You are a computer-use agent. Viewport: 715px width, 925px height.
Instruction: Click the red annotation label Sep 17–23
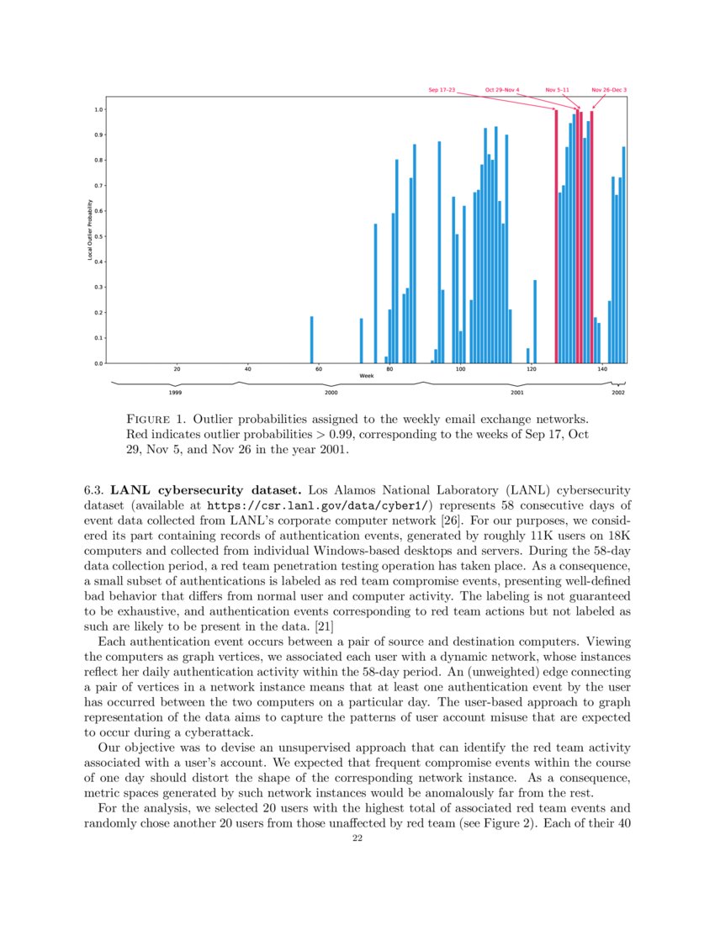(x=441, y=89)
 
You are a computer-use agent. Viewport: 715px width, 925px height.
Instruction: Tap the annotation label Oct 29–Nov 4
(x=502, y=89)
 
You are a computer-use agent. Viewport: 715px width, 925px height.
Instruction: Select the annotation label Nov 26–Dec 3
(x=609, y=89)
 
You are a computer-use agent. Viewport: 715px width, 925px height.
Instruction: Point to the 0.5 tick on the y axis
(x=98, y=236)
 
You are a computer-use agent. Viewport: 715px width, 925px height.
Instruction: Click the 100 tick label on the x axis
(x=460, y=369)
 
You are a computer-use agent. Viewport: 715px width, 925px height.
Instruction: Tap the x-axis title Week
(x=366, y=376)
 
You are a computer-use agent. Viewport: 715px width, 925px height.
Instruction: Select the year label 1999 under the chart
(x=175, y=393)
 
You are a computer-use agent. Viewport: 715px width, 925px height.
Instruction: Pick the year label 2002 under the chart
(x=618, y=393)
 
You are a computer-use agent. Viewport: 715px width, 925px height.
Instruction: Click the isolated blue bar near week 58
(x=311, y=340)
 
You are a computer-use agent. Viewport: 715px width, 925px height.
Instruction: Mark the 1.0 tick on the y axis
(x=98, y=109)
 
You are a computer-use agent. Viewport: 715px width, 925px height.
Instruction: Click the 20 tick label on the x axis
(x=177, y=369)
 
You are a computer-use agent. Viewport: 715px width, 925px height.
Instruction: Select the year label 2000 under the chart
(x=331, y=393)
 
